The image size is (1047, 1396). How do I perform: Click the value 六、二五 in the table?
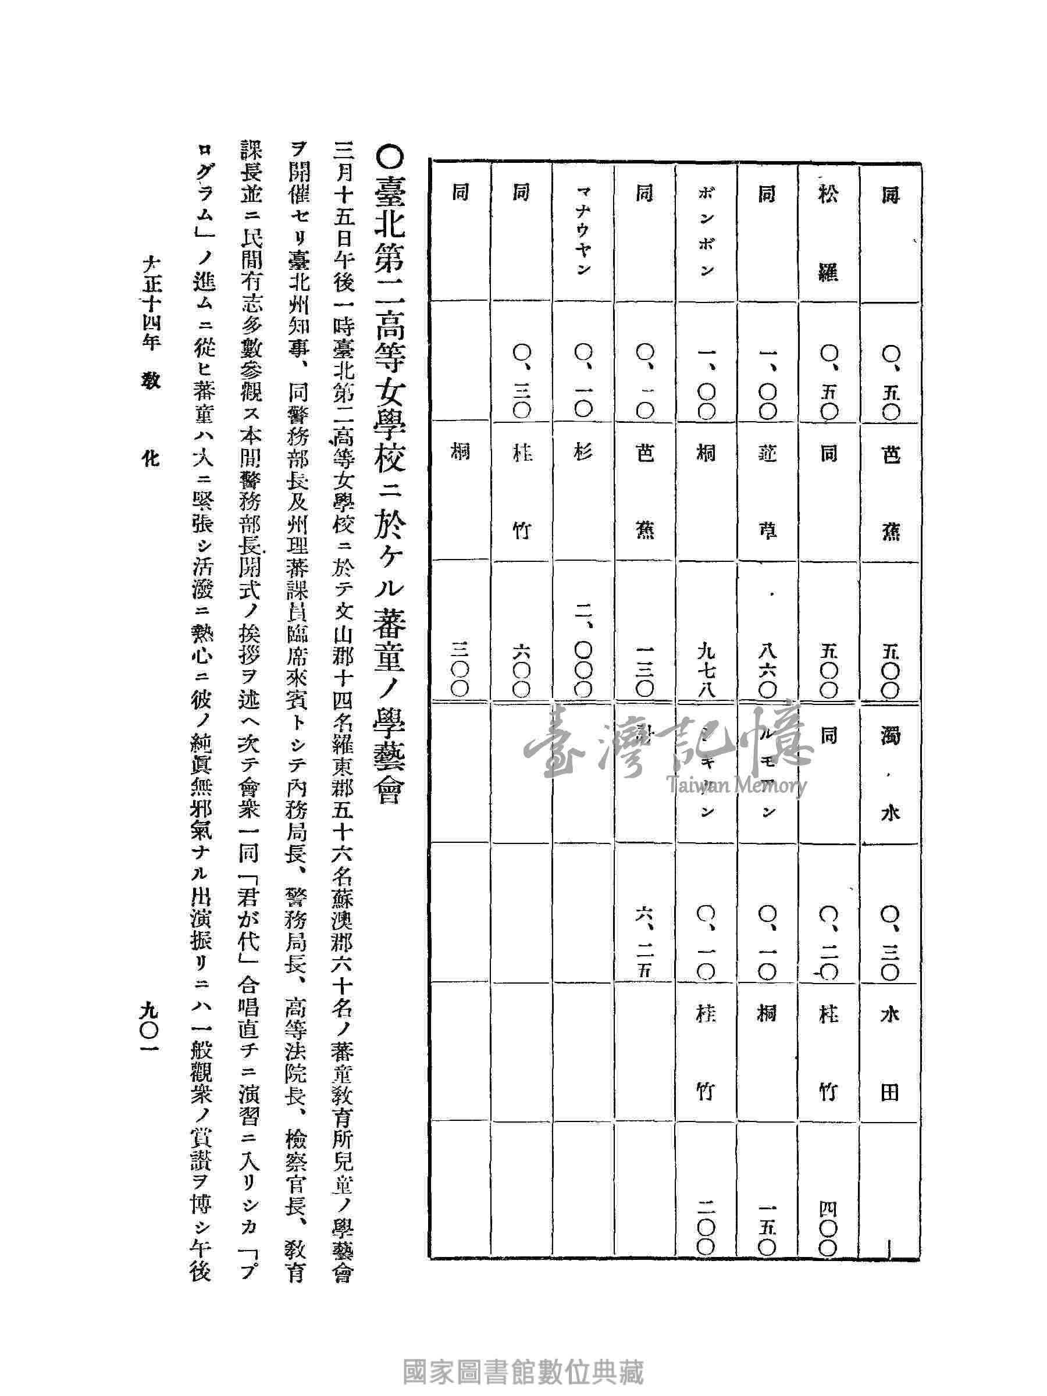(x=644, y=946)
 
